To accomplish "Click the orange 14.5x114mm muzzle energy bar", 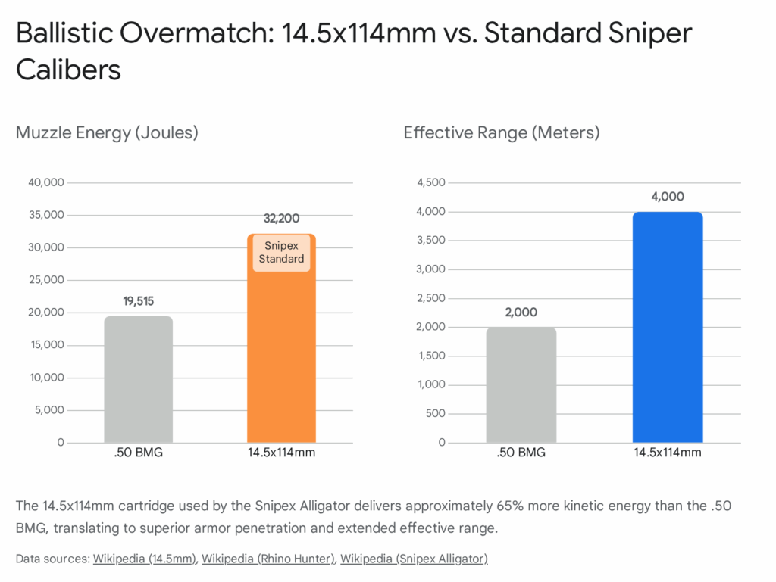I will (x=281, y=356).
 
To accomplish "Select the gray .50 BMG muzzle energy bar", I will (x=138, y=379).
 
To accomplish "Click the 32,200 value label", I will (x=281, y=219).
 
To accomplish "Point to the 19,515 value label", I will (x=138, y=301).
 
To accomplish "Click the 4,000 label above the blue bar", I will (x=667, y=197).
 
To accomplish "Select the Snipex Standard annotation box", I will (x=281, y=252).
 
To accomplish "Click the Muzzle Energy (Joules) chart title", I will (x=107, y=133).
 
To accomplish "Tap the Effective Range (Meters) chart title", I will (x=501, y=133).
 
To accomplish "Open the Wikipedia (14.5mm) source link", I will (x=144, y=559).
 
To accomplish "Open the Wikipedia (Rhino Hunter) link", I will (x=268, y=559).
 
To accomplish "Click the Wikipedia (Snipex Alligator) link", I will (x=414, y=559).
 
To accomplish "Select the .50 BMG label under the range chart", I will (x=521, y=453).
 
